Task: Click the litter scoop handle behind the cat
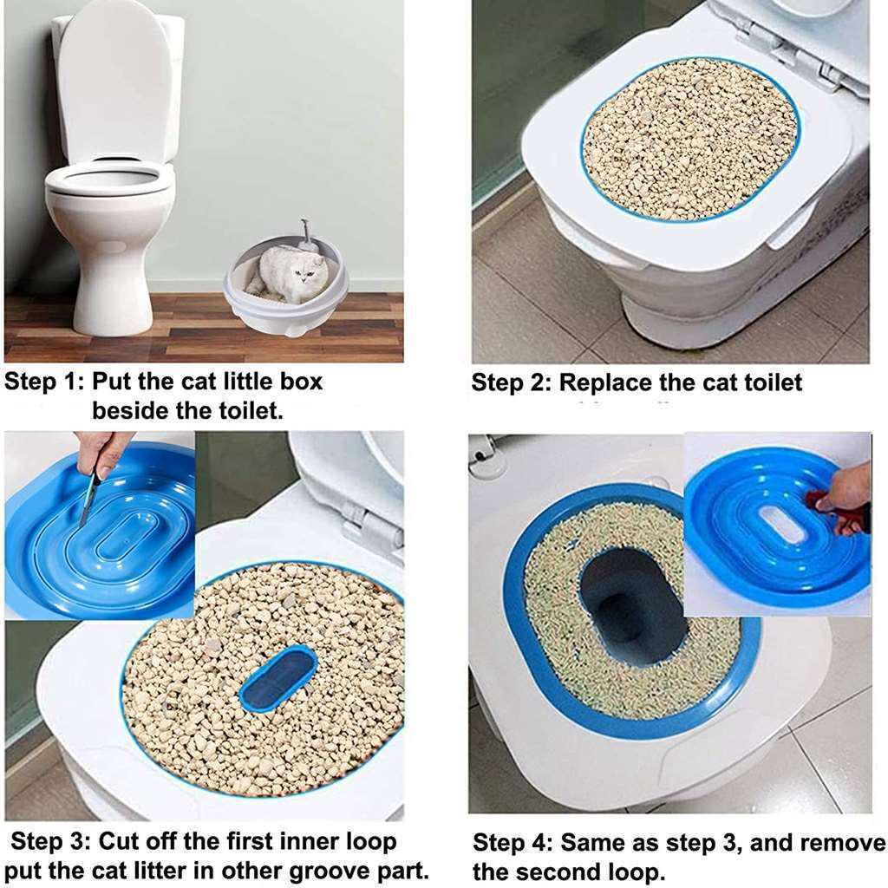(x=305, y=233)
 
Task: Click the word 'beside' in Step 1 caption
(x=130, y=411)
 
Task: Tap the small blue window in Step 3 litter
(x=277, y=678)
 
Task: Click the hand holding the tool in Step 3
(x=102, y=453)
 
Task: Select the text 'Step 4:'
(x=512, y=843)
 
